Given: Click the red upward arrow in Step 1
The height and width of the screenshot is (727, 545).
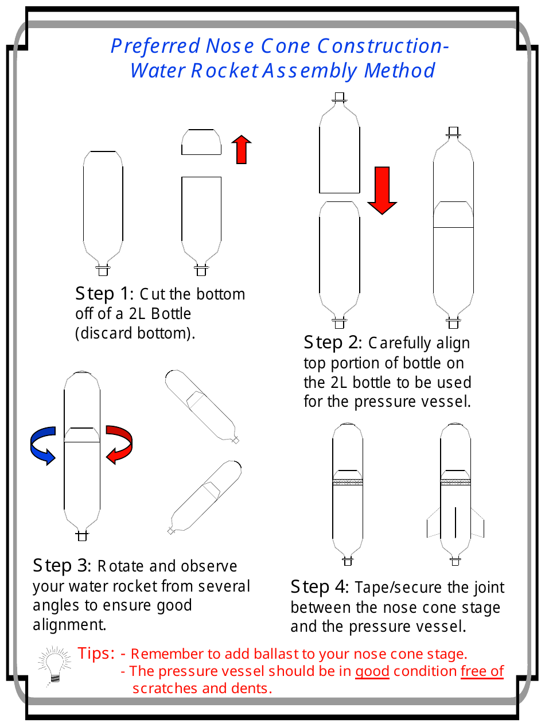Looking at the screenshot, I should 242,150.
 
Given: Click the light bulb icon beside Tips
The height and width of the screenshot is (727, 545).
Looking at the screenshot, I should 54,666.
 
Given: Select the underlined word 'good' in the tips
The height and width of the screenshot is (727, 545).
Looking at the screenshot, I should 372,671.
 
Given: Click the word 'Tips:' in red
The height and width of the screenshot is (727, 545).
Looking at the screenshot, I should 97,653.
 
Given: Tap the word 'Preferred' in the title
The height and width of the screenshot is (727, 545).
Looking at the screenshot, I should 155,46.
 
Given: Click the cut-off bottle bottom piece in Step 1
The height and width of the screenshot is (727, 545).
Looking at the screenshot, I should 201,142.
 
